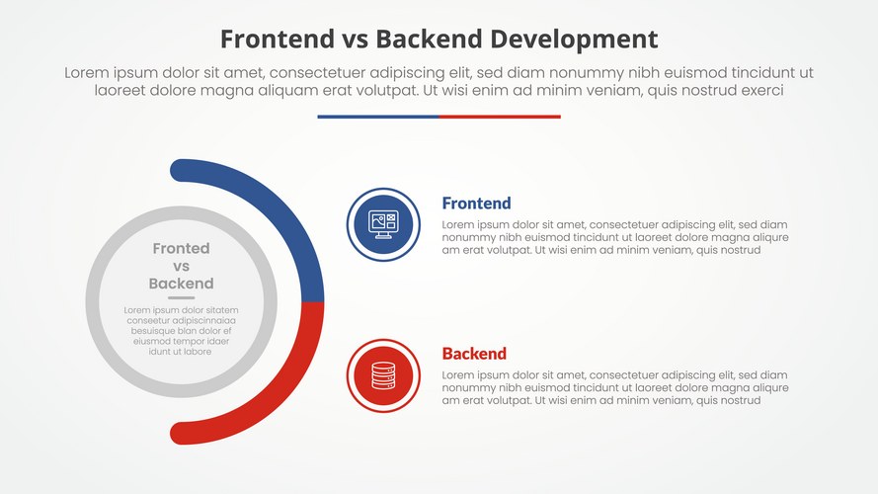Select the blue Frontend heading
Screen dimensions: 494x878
(476, 204)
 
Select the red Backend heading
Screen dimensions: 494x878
(474, 354)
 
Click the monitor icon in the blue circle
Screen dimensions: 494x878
(382, 224)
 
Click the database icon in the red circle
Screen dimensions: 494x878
(382, 375)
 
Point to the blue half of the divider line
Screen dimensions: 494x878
(377, 117)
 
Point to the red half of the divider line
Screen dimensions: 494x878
(500, 117)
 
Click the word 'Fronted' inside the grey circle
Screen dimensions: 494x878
(181, 249)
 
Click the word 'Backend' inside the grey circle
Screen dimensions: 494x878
(181, 284)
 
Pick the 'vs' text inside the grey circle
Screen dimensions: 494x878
(181, 267)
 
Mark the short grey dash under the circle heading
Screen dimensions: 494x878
(181, 297)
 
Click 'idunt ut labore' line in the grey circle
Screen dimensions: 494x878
(181, 352)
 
